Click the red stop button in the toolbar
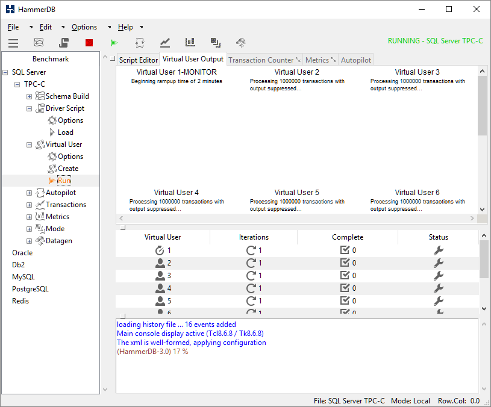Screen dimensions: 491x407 [89, 43]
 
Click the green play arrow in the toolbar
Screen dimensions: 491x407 [114, 43]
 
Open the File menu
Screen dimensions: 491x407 [13, 27]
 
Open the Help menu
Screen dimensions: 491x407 [125, 27]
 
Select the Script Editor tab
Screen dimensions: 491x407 [139, 60]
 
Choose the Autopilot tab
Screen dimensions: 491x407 [355, 60]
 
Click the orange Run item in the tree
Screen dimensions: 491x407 [64, 181]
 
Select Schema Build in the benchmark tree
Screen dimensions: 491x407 [67, 96]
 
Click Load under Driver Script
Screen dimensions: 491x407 [66, 132]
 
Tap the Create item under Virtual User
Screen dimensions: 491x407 [68, 169]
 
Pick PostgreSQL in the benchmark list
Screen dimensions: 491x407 [30, 289]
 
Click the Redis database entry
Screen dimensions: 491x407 [20, 301]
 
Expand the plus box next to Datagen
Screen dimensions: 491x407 [29, 241]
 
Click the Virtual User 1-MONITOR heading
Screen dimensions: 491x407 [177, 72]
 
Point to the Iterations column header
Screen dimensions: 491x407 [254, 237]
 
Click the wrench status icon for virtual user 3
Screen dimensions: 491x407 [439, 276]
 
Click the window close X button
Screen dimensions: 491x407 [477, 9]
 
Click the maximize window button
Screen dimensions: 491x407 [449, 9]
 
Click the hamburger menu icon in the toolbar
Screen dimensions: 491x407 [13, 43]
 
